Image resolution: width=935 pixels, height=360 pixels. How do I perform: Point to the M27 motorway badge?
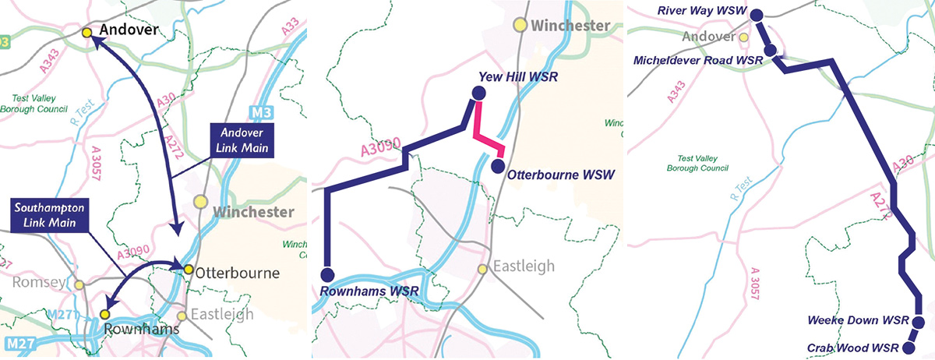(19, 344)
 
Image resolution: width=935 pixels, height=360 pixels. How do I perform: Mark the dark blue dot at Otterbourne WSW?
(499, 165)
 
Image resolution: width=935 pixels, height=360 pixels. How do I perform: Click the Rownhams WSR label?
(369, 291)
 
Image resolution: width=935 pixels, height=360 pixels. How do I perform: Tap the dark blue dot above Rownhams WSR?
(326, 274)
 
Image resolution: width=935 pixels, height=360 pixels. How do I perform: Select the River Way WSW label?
(701, 11)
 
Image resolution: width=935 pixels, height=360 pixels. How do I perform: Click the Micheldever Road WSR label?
(697, 60)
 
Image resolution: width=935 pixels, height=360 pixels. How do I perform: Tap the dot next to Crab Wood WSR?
(909, 348)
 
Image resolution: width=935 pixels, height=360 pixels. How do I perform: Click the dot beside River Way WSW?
(757, 12)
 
